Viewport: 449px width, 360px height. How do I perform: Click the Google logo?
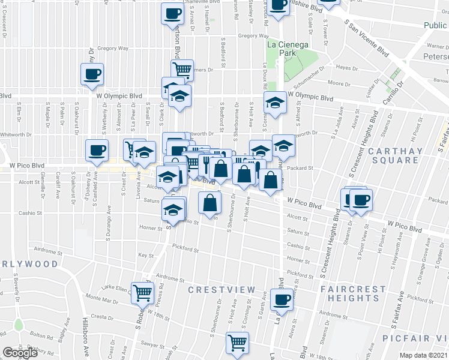[x=20, y=353]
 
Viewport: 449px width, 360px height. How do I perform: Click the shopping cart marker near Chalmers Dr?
[x=181, y=70]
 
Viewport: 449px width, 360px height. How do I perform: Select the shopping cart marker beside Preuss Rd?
[x=143, y=293]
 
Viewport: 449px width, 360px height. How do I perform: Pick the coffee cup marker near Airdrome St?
[x=281, y=299]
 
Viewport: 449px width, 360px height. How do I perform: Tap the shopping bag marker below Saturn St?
[x=210, y=203]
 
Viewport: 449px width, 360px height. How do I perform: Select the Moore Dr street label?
[x=339, y=84]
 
